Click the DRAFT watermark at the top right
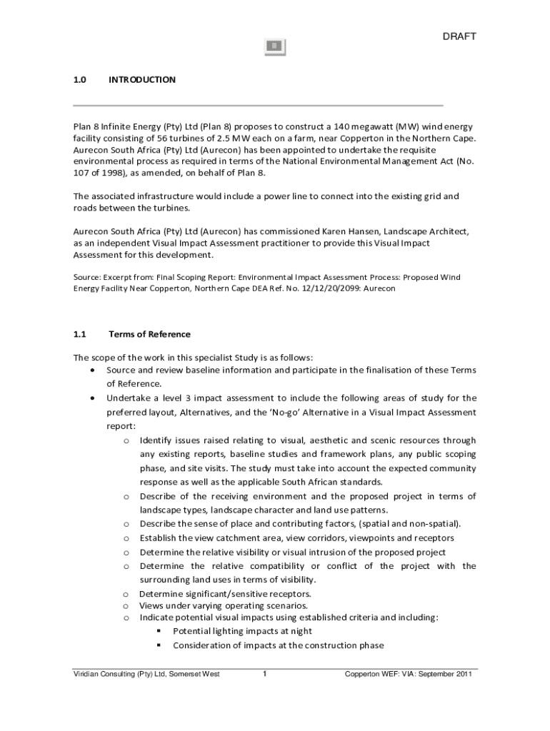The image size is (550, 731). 459,36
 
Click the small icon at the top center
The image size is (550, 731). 275,46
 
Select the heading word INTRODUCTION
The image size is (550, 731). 141,80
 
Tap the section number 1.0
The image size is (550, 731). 79,80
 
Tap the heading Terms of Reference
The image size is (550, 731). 149,334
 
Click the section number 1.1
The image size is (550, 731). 79,334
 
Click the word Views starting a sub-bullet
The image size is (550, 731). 151,605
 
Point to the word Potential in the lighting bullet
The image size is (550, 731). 191,631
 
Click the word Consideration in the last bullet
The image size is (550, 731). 202,645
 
